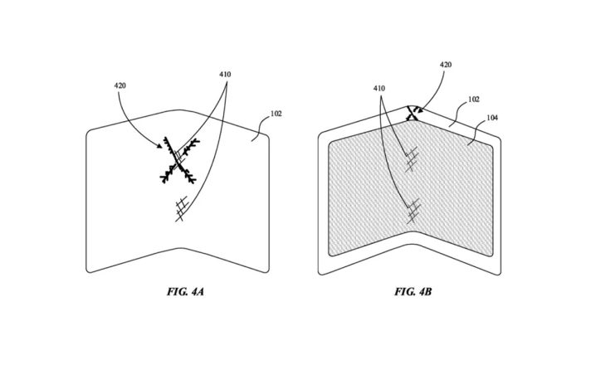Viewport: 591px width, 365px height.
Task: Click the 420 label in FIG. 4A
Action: click(120, 86)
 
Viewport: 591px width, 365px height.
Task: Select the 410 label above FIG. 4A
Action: click(225, 75)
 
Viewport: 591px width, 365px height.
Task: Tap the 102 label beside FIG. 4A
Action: click(276, 114)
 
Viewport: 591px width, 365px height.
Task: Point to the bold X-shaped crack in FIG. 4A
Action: click(178, 160)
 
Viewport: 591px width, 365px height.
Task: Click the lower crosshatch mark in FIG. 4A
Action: click(182, 209)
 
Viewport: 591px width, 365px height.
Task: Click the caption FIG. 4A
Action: click(185, 291)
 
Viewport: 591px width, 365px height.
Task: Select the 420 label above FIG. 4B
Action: click(446, 65)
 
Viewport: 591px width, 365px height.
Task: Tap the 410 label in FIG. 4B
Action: click(379, 89)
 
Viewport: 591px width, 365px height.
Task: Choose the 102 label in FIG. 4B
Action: click(474, 99)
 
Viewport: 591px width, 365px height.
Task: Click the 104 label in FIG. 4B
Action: click(492, 118)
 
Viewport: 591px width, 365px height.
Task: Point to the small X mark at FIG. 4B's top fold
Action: click(413, 114)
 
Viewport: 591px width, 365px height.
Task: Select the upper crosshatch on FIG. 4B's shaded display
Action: click(412, 159)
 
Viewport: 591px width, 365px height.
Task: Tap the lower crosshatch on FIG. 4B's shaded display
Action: click(413, 211)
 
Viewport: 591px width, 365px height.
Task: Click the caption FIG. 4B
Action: click(413, 291)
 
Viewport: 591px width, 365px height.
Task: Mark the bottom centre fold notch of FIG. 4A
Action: click(181, 248)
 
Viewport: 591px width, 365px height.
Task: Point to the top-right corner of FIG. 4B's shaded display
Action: click(491, 146)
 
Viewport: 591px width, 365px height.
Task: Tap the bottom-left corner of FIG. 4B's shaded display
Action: click(330, 254)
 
